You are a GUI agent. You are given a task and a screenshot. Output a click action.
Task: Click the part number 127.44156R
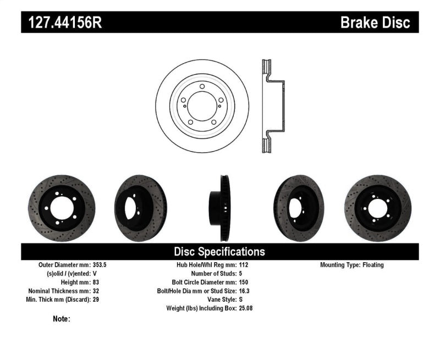tap(62, 23)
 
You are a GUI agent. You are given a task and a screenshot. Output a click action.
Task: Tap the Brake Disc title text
tap(375, 23)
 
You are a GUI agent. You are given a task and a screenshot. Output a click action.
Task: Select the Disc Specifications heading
tap(219, 252)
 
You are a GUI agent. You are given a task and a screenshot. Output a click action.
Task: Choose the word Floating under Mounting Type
tap(373, 265)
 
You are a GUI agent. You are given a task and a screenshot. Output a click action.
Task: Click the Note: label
tap(62, 319)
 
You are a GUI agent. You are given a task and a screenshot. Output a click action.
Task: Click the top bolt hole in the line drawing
tap(202, 87)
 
